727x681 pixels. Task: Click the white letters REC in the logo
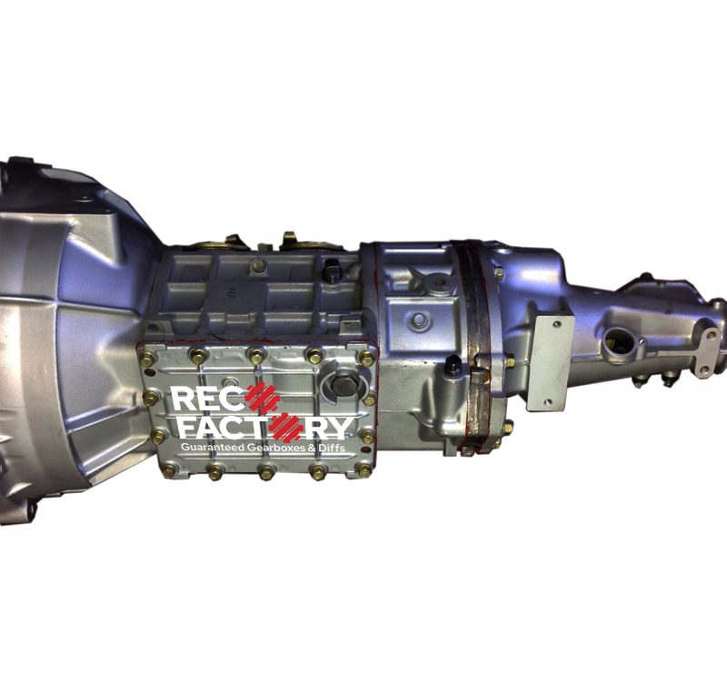coord(208,400)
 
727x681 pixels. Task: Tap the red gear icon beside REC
coord(263,398)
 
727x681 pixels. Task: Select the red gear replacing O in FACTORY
coord(287,427)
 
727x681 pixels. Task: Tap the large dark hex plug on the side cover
coord(345,384)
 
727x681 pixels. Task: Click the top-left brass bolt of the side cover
coord(147,358)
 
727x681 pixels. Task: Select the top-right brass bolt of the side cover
coord(367,358)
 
